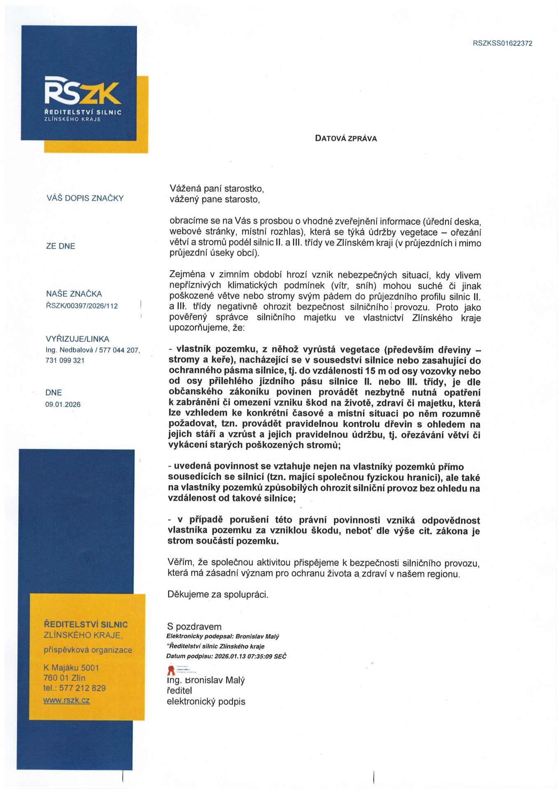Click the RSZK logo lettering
82,91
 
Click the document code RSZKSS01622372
502,43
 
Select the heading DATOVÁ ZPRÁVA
346,138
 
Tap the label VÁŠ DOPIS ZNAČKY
85,198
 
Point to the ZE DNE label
60,246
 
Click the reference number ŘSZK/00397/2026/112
82,306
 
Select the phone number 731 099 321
65,360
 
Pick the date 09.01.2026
63,404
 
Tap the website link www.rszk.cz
67,700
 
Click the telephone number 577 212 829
82,688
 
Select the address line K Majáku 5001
71,668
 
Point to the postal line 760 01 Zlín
65,678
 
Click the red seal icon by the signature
171,671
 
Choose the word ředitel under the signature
179,690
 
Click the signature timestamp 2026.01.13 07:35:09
243,656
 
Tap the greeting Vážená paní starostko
217,189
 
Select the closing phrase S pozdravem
194,627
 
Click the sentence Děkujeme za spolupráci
218,594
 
